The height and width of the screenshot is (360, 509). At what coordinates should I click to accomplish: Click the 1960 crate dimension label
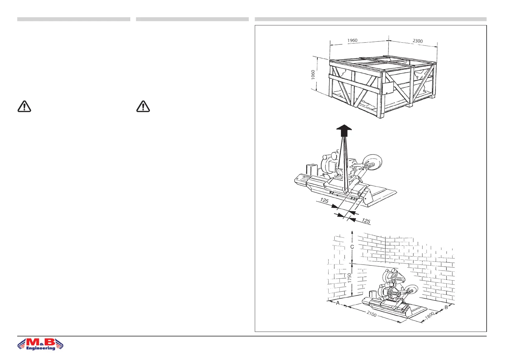[352, 41]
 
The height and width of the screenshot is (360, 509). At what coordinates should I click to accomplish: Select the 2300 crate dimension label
[417, 41]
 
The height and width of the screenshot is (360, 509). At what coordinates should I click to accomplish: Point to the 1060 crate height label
[313, 75]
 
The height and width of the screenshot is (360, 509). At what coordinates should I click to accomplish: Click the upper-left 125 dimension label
[324, 200]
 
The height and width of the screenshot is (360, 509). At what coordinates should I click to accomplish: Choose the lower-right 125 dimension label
[366, 221]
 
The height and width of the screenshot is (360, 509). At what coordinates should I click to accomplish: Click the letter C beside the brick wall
[352, 247]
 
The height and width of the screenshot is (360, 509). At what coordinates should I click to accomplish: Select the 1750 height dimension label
[349, 278]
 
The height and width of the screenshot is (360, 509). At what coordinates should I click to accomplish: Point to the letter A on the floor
[338, 303]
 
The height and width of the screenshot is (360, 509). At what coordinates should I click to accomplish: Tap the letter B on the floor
[446, 308]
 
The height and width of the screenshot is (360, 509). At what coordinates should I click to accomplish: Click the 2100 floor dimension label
[371, 314]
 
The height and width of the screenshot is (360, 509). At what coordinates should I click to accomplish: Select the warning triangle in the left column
[24, 106]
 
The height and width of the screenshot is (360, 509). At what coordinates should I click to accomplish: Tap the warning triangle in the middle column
[143, 106]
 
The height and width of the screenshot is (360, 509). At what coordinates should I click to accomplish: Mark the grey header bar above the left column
[73, 19]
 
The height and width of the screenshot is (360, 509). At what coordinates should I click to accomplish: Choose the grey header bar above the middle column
[192, 19]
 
